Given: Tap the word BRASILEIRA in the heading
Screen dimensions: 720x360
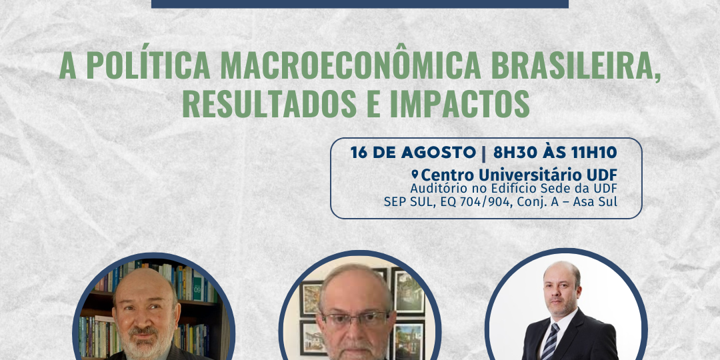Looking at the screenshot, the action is [576, 67].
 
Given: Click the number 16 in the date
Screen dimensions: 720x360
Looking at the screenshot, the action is [359, 153].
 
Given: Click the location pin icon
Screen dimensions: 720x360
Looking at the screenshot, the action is [415, 175].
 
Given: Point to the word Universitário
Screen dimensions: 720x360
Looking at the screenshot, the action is [531, 175].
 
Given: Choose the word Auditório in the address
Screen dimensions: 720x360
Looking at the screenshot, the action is [433, 188].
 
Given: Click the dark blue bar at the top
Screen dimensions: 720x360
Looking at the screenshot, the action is [360, 4].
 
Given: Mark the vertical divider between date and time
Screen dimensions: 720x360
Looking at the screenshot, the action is [485, 153].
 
